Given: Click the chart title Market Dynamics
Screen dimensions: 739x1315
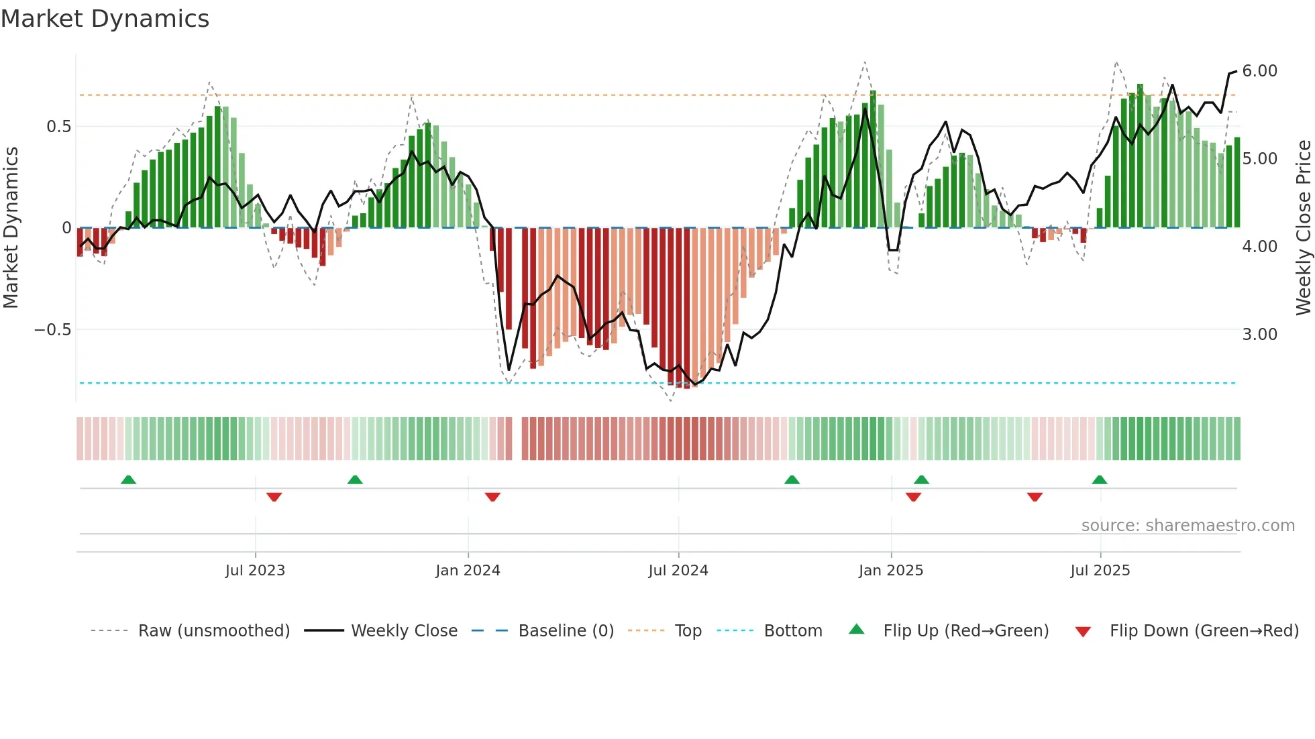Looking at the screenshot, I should [105, 19].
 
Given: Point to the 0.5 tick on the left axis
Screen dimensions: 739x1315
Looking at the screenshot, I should [58, 127].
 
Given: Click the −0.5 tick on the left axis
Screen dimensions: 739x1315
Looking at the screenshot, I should [52, 330].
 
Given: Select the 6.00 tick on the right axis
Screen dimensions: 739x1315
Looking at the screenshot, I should [1259, 71].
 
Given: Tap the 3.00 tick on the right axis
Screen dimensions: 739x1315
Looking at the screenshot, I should [1259, 335].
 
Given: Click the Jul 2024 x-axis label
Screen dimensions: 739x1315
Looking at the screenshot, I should [678, 571].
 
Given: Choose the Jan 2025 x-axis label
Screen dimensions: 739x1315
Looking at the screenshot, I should [890, 571].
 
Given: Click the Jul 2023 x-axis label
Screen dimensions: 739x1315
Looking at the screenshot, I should [255, 571].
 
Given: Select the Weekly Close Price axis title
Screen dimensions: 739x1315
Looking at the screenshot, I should [1303, 228].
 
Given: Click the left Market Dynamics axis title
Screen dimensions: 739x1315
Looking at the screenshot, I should [11, 228].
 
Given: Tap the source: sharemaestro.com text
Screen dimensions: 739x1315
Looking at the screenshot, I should [1188, 526].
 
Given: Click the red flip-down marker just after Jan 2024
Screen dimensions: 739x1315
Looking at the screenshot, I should [492, 497].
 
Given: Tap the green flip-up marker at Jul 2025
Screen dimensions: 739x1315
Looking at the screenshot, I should [1099, 479].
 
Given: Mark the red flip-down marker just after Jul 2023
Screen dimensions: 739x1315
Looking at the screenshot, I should [274, 497].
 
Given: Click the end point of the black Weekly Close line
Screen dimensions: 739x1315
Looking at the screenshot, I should [1237, 71].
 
